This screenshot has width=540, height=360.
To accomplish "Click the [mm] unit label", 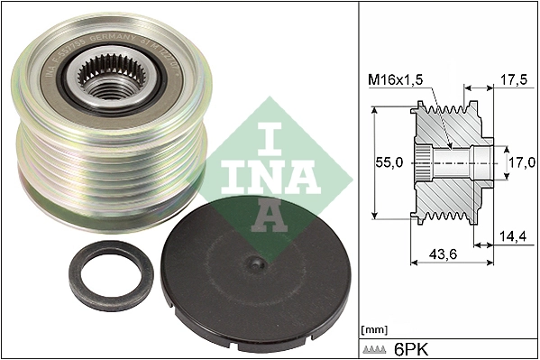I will click(372, 328).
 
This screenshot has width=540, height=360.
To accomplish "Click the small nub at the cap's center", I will click(258, 263).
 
